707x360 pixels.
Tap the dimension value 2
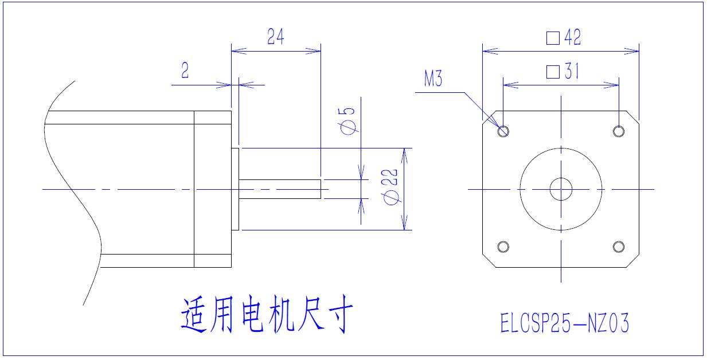pyautogui.click(x=185, y=71)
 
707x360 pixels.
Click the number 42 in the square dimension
pyautogui.click(x=572, y=38)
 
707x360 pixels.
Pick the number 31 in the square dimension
pyautogui.click(x=572, y=72)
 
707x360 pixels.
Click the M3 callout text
pyautogui.click(x=433, y=79)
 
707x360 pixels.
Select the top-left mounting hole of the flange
pyautogui.click(x=503, y=131)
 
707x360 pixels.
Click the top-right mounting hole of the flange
pyautogui.click(x=618, y=131)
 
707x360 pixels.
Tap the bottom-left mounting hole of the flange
pyautogui.click(x=503, y=246)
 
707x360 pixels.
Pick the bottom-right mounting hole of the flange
pyautogui.click(x=618, y=246)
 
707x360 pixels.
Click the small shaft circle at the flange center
pyautogui.click(x=561, y=189)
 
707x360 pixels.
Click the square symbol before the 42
pyautogui.click(x=553, y=38)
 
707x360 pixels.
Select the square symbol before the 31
pyautogui.click(x=553, y=72)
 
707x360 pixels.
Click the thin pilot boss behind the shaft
pyautogui.click(x=235, y=189)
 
